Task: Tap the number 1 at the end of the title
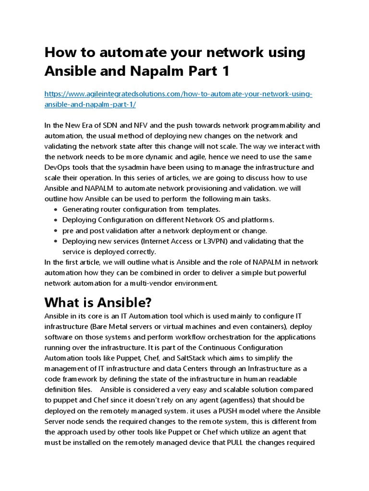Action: pos(225,71)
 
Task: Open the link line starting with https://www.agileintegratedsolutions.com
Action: pos(178,94)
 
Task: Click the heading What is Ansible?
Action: pos(98,303)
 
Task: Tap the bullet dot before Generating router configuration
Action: pos(56,210)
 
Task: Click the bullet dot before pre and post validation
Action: pos(56,231)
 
